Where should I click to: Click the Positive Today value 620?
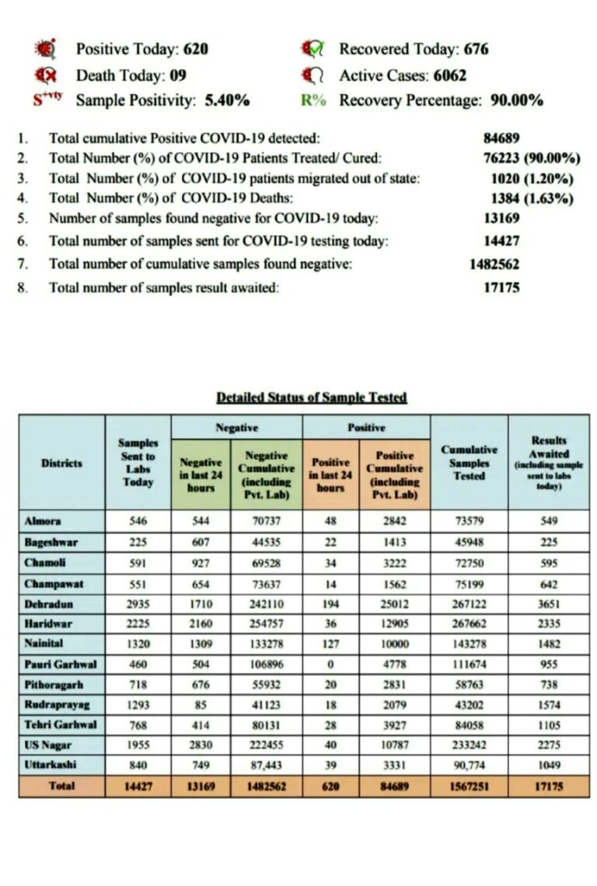pyautogui.click(x=195, y=49)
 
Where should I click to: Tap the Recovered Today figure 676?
pyautogui.click(x=476, y=49)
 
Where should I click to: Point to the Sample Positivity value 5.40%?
pyautogui.click(x=227, y=100)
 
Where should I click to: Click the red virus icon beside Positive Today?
pyautogui.click(x=47, y=49)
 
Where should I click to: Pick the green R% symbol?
pyautogui.click(x=313, y=100)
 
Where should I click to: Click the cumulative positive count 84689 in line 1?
pyautogui.click(x=501, y=138)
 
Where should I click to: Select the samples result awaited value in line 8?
pyautogui.click(x=501, y=287)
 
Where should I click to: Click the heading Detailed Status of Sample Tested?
pyautogui.click(x=311, y=397)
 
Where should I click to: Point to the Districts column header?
pyautogui.click(x=61, y=463)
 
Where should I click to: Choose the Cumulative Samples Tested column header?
pyautogui.click(x=469, y=463)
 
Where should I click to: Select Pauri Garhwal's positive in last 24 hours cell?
pyautogui.click(x=330, y=664)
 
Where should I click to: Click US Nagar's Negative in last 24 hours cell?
pyautogui.click(x=201, y=745)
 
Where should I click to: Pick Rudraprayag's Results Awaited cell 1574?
pyautogui.click(x=549, y=704)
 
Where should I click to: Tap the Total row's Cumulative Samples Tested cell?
pyautogui.click(x=469, y=786)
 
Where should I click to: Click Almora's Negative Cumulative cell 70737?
pyautogui.click(x=266, y=521)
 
